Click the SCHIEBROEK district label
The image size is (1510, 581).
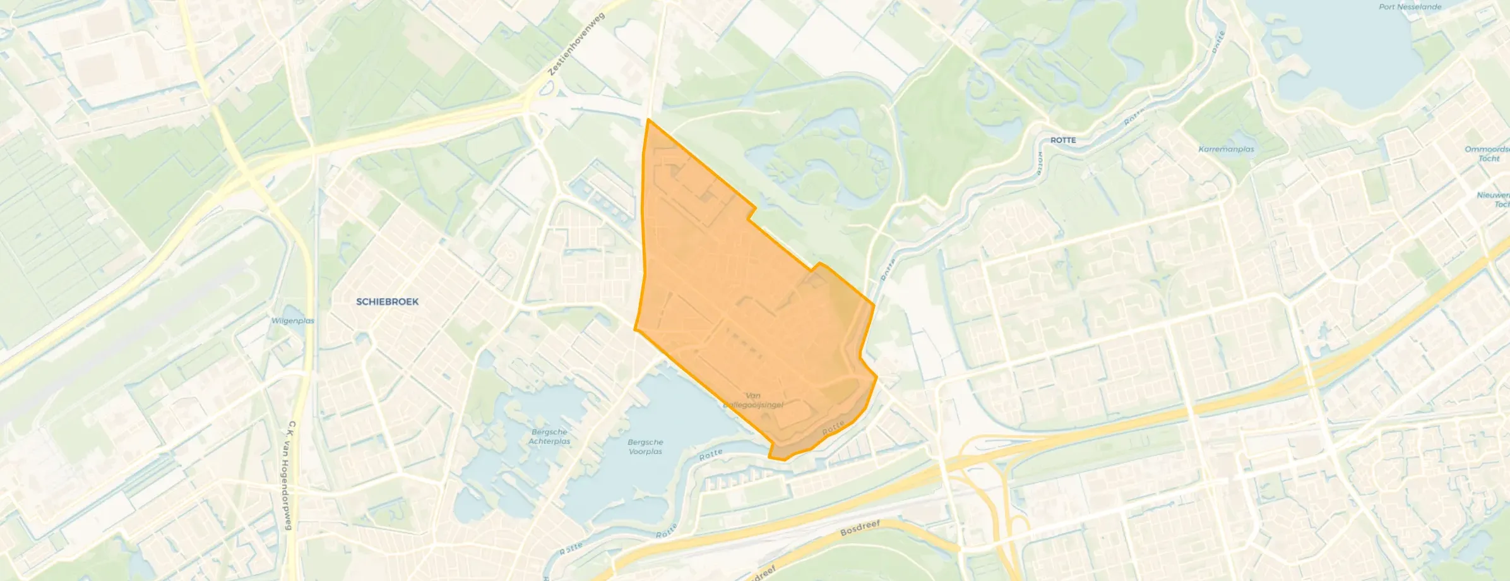(x=387, y=302)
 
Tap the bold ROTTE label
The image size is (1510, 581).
(x=1063, y=140)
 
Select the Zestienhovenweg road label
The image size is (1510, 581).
(x=576, y=44)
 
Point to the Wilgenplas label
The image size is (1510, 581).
(x=293, y=321)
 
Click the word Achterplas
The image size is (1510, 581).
(x=549, y=441)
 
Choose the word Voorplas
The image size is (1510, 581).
(x=645, y=452)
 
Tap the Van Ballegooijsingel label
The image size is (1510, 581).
(x=753, y=400)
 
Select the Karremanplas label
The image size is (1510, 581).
(x=1226, y=150)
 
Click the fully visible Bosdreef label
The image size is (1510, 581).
(x=860, y=529)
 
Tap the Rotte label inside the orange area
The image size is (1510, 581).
(x=833, y=428)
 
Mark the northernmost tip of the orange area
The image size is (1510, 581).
(x=648, y=119)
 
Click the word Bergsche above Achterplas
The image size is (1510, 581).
(x=549, y=433)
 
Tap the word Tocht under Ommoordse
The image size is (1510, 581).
(x=1489, y=159)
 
